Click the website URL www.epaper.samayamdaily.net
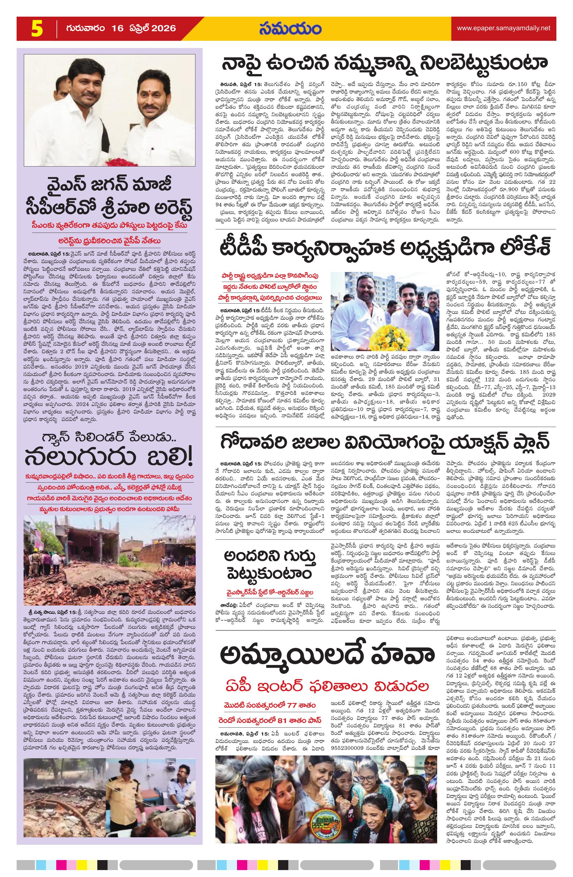point(503,28)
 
